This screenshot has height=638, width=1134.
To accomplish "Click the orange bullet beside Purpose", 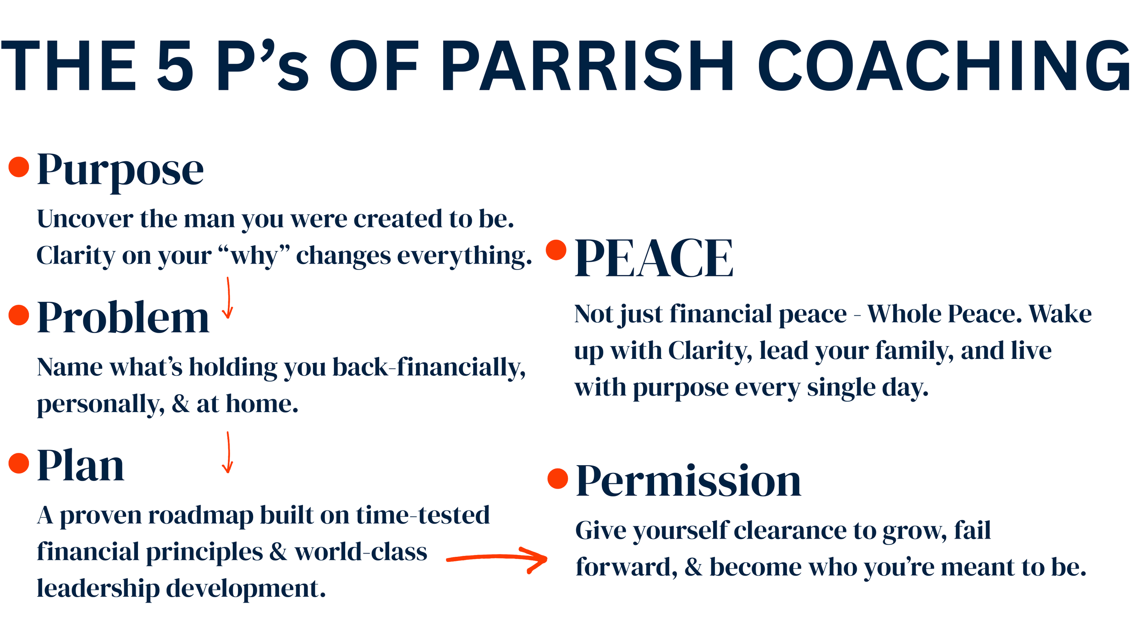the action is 19,167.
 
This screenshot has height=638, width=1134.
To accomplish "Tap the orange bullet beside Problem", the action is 19,315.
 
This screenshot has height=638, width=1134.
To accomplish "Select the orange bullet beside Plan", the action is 19,463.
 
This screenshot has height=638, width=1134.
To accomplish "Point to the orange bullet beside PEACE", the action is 557,250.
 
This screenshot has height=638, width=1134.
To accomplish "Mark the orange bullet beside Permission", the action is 558,479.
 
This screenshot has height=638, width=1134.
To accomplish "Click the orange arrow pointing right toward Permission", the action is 497,557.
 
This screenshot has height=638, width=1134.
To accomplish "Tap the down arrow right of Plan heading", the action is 228,452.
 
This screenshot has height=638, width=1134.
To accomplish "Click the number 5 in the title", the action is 176,65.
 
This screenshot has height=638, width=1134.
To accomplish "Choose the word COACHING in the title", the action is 944,65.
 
